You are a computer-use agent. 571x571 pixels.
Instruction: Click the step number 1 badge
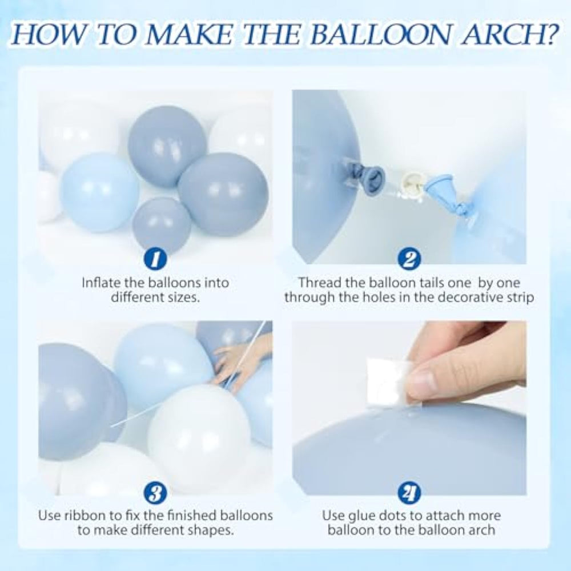(155, 259)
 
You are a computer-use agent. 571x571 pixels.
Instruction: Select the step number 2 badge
(409, 259)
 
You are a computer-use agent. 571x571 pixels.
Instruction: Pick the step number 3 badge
(155, 493)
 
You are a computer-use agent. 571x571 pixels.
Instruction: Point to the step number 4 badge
(409, 493)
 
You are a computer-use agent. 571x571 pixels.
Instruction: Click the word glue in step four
(363, 516)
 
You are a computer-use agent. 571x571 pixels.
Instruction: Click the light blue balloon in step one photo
(99, 192)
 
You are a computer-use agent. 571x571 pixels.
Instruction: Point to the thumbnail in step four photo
(437, 381)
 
